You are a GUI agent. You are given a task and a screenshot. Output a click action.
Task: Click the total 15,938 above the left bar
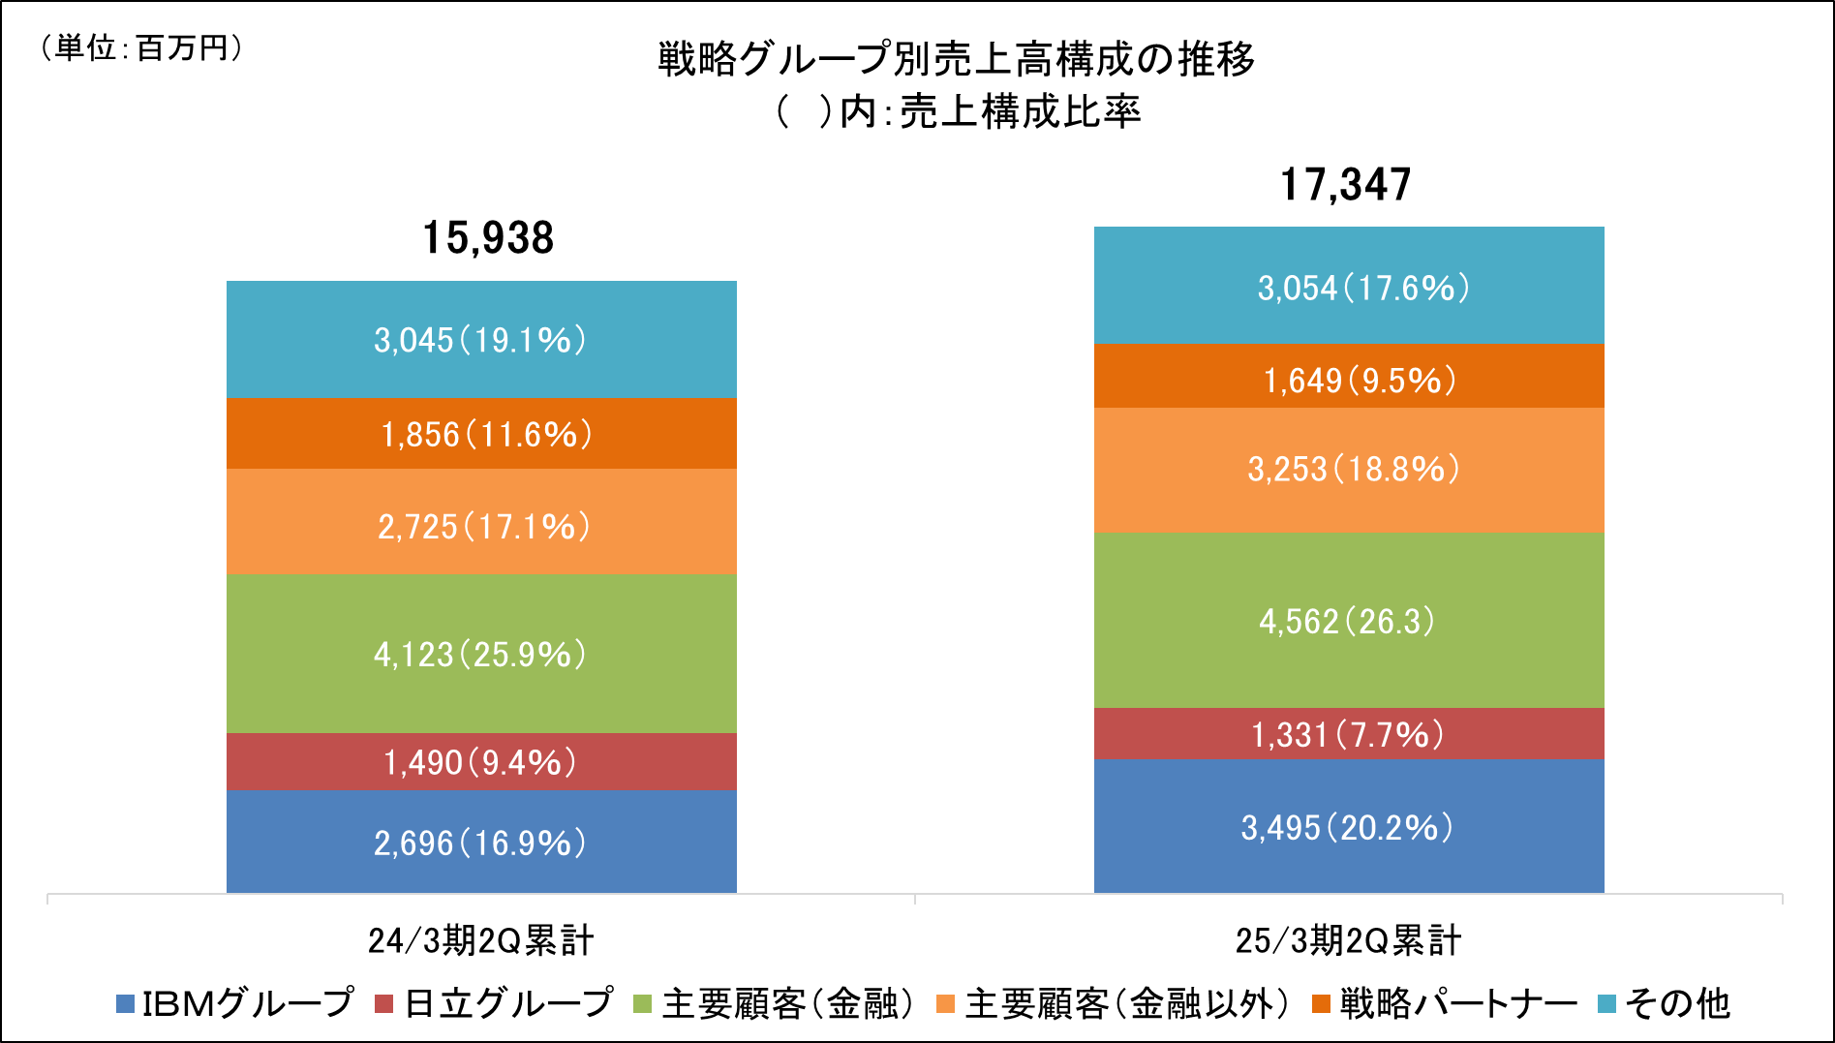click(488, 238)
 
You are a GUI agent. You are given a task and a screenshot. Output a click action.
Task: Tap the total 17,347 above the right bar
click(1346, 185)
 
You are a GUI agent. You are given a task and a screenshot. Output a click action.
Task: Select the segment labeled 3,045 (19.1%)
click(481, 340)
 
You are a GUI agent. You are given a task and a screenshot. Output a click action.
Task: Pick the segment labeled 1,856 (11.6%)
click(481, 434)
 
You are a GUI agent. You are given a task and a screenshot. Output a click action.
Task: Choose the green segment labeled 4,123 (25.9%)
click(481, 654)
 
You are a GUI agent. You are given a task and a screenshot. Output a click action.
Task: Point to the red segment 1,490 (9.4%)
click(481, 762)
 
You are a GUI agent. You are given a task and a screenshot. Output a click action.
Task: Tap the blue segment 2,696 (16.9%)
click(481, 842)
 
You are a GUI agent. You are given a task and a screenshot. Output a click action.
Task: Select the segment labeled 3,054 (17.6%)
click(1349, 287)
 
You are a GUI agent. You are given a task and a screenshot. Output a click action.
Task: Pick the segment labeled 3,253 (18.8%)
click(1349, 470)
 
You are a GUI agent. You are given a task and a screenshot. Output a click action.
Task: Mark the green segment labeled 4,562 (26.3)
click(1349, 621)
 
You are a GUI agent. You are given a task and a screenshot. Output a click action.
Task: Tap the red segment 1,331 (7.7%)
click(1349, 734)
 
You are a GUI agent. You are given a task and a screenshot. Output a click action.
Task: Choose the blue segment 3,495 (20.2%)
click(1349, 826)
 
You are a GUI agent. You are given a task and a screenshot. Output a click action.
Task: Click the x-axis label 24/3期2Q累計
click(480, 940)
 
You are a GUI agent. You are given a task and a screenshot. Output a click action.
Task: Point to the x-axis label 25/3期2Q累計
click(1348, 940)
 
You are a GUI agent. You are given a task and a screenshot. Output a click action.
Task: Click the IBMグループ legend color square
click(125, 1004)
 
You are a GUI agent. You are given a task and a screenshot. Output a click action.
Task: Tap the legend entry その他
click(1676, 1004)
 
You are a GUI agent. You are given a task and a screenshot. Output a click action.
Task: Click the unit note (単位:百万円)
click(140, 47)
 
